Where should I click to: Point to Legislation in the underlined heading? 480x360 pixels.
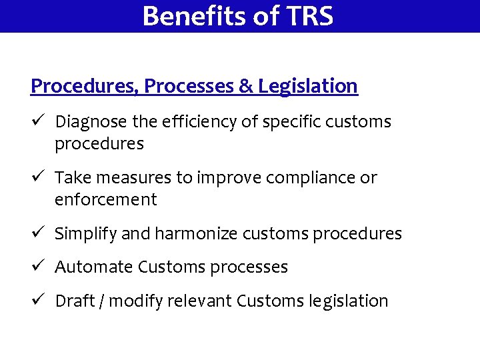pyautogui.click(x=308, y=87)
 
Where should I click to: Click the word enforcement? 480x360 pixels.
pyautogui.click(x=105, y=199)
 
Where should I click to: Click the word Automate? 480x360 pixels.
pyautogui.click(x=94, y=267)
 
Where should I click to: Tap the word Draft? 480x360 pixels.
pyautogui.click(x=75, y=301)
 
